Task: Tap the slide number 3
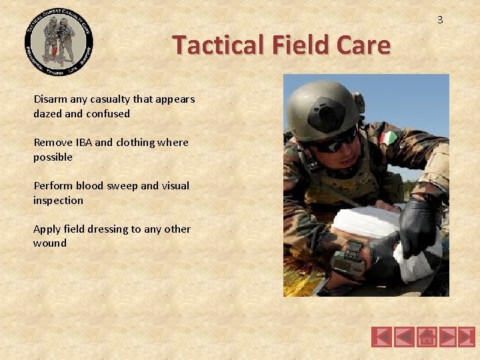tap(440, 20)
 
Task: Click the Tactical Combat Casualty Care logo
tap(59, 41)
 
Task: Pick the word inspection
tap(59, 200)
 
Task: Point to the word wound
tap(50, 243)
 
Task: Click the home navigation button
tap(427, 337)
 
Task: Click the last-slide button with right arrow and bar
tap(467, 337)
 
